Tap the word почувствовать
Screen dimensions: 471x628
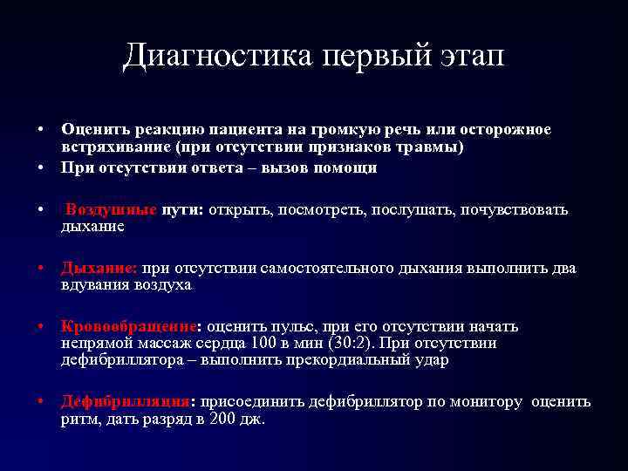[x=514, y=210]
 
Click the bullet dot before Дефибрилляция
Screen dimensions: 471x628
[x=42, y=402]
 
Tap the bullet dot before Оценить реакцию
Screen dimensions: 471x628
[x=42, y=130]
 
